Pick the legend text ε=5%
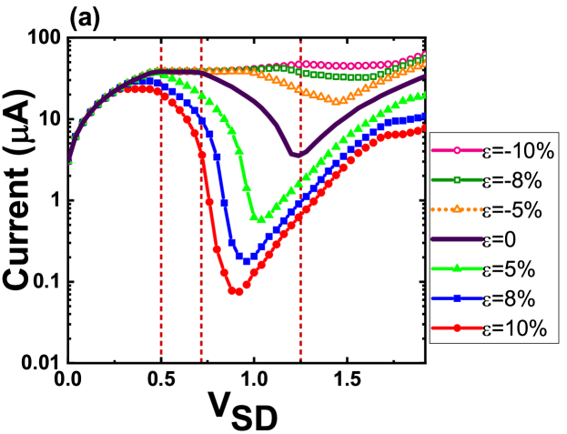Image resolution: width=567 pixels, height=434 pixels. click(x=511, y=269)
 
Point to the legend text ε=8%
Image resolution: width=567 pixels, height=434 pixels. click(x=511, y=299)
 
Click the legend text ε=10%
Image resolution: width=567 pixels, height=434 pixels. click(x=514, y=328)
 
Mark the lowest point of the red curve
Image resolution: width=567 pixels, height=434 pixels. click(x=236, y=291)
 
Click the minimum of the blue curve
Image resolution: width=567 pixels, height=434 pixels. click(x=248, y=261)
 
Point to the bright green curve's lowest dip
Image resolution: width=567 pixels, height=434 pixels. click(x=259, y=219)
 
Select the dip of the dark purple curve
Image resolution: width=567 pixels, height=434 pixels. click(x=297, y=156)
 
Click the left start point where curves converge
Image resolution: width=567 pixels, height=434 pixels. click(x=70, y=162)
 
